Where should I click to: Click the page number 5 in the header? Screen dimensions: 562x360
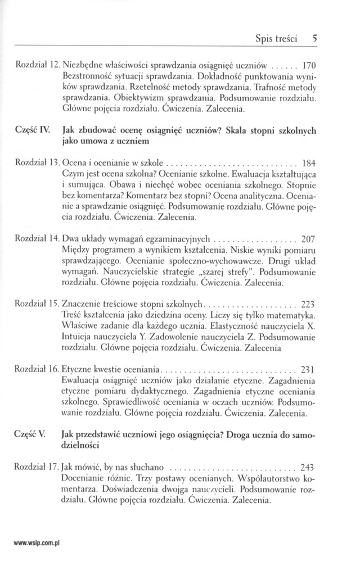point(316,39)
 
